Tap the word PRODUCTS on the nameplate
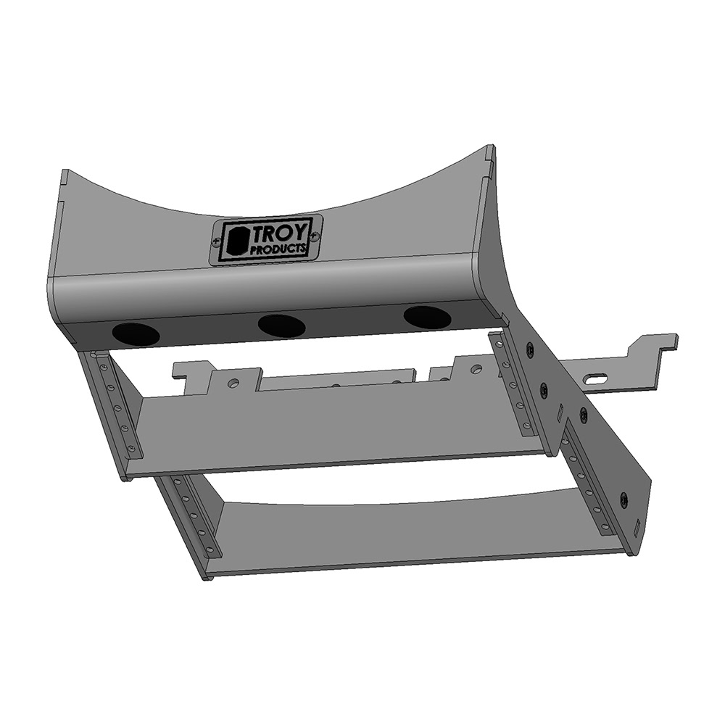(x=278, y=249)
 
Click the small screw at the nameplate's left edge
(x=215, y=241)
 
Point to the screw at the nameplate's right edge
(x=314, y=236)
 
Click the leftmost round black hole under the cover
(x=136, y=333)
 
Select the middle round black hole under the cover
(x=282, y=325)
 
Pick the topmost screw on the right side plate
(x=529, y=350)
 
